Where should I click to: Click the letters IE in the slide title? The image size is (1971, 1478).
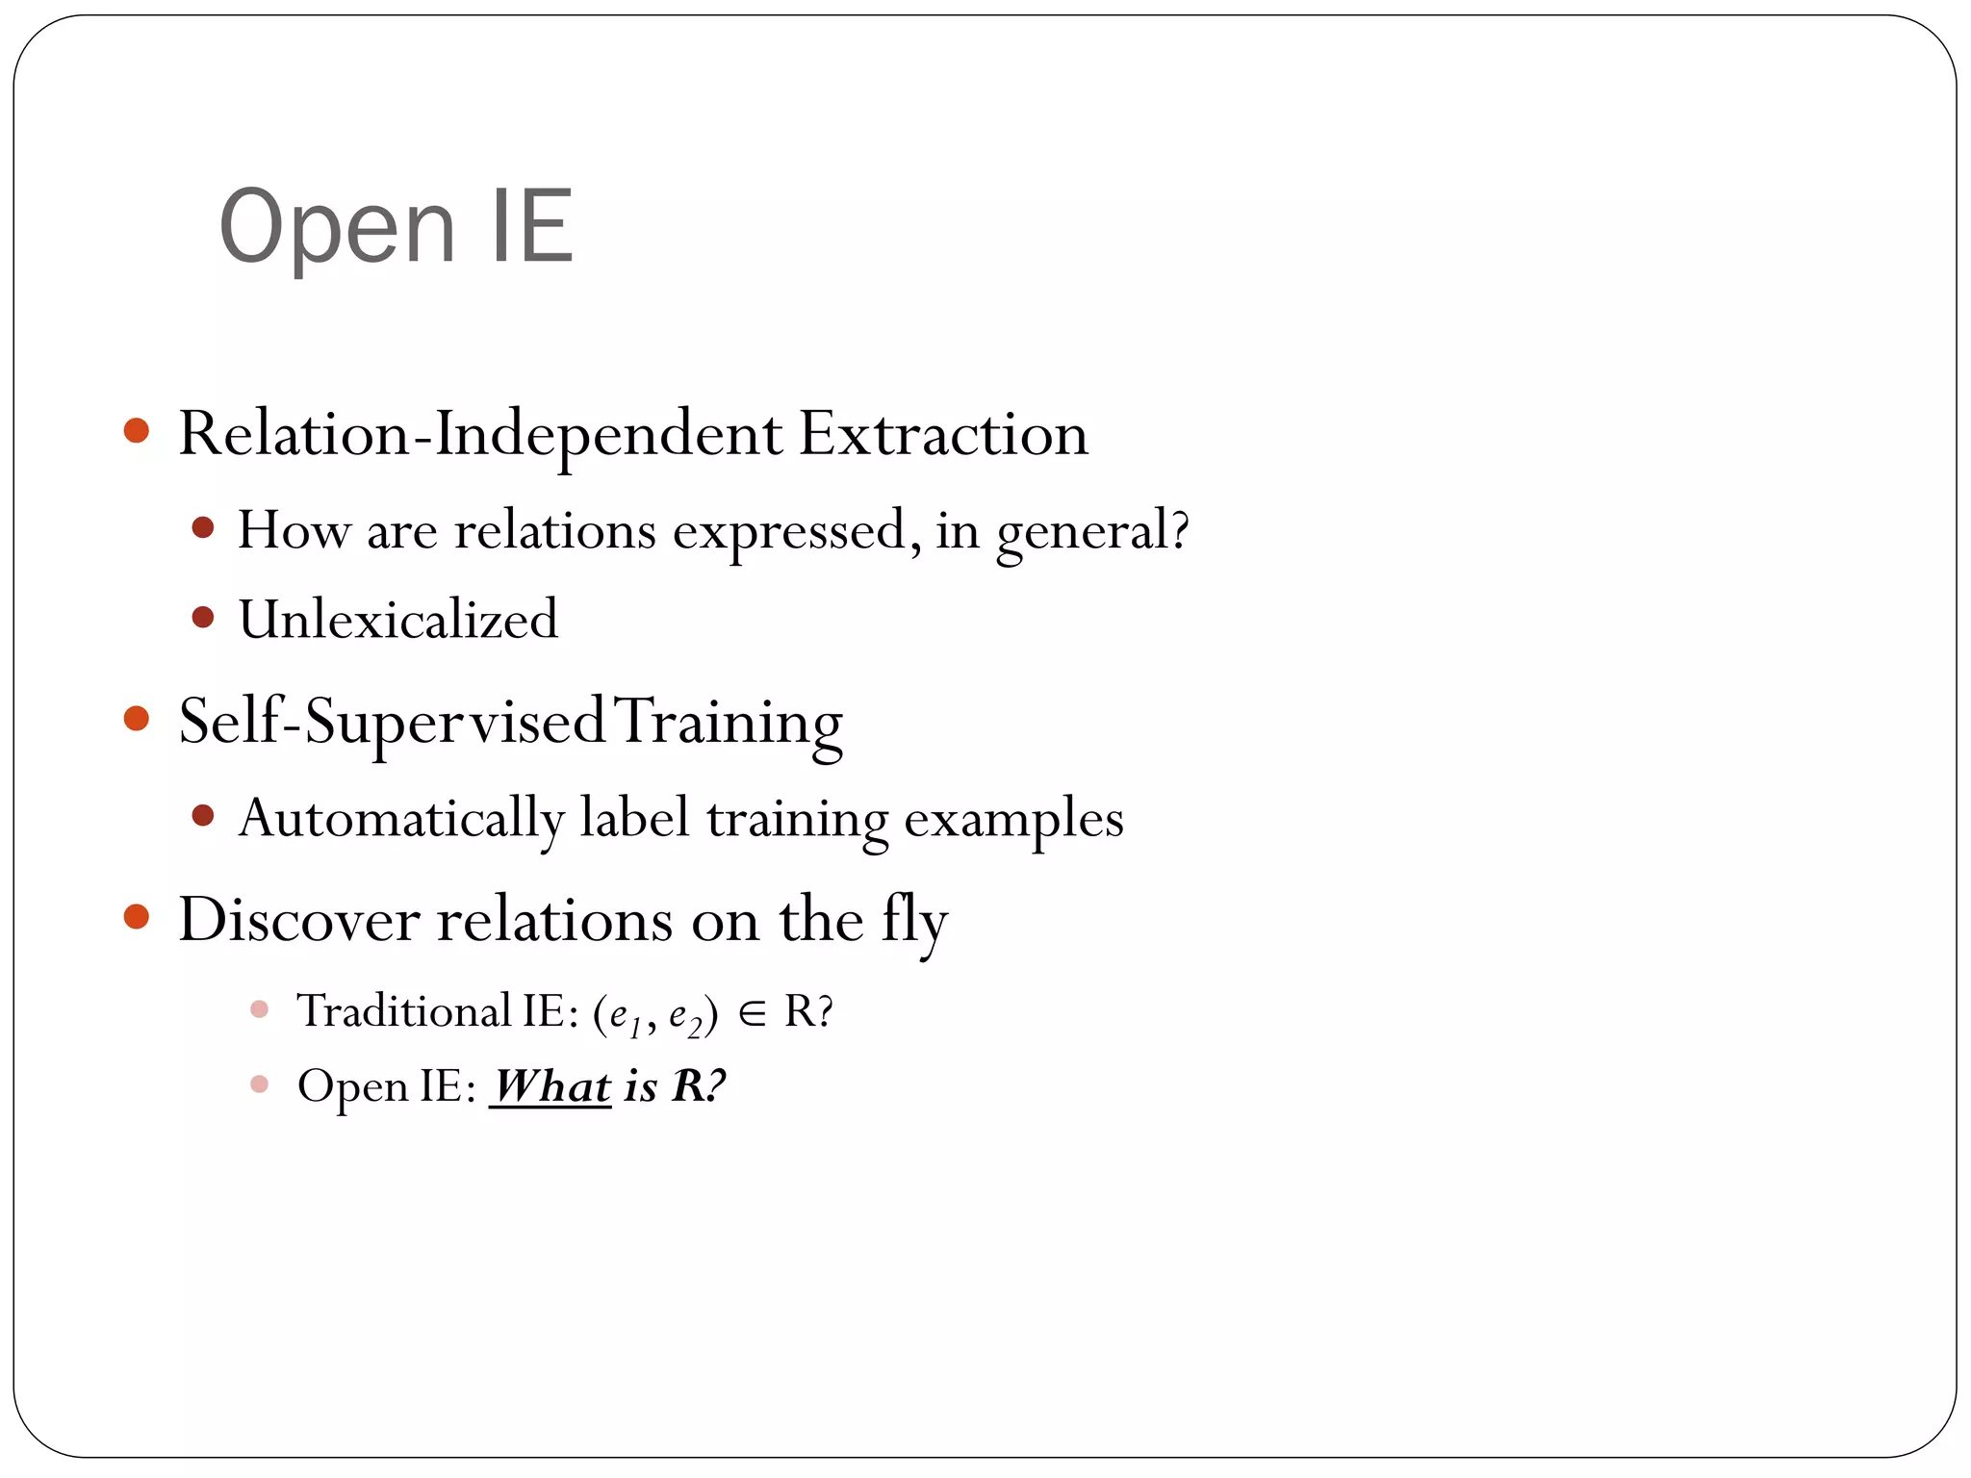[x=532, y=227]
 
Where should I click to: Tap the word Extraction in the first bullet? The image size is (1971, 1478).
[x=943, y=433]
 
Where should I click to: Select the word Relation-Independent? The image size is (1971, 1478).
[x=480, y=435]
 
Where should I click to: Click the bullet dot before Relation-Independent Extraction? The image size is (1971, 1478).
[x=137, y=430]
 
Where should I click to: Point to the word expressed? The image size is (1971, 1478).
[x=789, y=531]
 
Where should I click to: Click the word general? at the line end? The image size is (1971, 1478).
[x=1093, y=531]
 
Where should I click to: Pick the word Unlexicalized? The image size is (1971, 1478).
[x=398, y=619]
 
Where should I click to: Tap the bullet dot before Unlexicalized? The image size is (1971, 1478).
[x=202, y=617]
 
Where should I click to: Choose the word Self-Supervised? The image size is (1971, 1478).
[x=392, y=722]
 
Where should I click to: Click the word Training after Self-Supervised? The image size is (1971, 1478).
[x=729, y=722]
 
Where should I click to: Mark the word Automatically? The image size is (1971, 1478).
[x=401, y=820]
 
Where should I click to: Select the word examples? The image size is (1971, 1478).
[x=1013, y=820]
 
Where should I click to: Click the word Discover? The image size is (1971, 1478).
[x=299, y=920]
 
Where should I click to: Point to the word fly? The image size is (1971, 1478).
[x=914, y=920]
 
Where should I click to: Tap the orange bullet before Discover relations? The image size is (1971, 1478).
[x=137, y=916]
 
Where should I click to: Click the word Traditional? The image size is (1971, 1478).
[x=404, y=1011]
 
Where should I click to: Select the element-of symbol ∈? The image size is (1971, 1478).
[x=753, y=1013]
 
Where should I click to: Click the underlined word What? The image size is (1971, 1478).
[x=550, y=1087]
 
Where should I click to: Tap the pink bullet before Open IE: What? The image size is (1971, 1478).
[x=259, y=1084]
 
